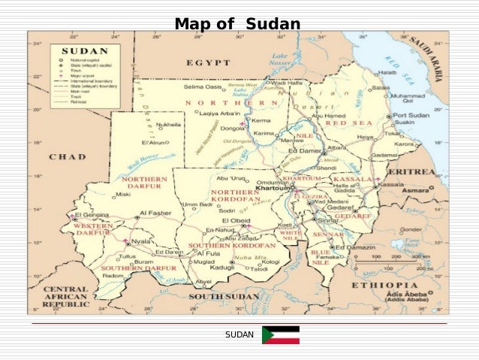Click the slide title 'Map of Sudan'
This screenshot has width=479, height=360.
tap(237, 24)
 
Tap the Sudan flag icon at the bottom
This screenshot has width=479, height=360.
tap(280, 335)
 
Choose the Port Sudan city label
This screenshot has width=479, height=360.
tap(412, 113)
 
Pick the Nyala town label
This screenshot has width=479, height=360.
tap(141, 241)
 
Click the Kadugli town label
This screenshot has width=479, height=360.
tap(222, 266)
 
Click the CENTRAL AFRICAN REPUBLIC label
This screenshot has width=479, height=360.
tap(65, 296)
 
